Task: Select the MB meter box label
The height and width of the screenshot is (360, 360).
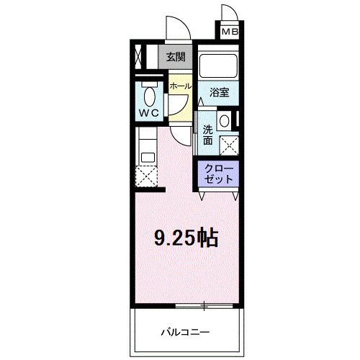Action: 230,32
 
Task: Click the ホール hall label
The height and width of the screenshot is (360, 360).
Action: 180,86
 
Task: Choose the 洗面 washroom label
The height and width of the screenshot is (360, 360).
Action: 207,135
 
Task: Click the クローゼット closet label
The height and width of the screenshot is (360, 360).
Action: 218,174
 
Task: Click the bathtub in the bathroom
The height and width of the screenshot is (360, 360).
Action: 220,67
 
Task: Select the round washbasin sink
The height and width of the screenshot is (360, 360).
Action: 225,120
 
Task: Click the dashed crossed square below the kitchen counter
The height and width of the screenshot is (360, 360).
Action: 148,176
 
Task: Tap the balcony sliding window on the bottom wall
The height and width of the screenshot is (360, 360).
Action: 204,307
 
